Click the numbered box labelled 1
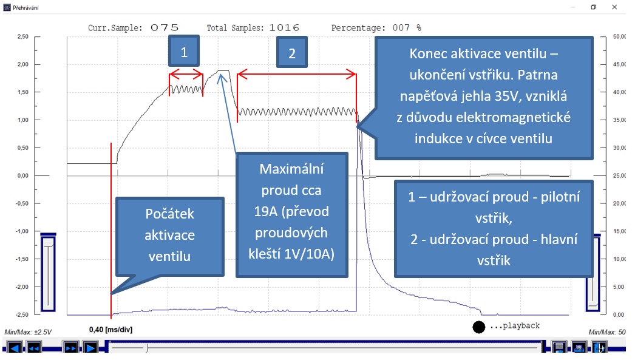tap(184, 51)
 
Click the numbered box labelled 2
tap(292, 52)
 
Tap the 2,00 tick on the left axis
tap(23, 64)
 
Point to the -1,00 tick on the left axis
tap(22, 231)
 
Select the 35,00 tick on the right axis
tap(619, 120)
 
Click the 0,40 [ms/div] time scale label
tap(111, 330)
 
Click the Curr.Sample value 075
tap(165, 28)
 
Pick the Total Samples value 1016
tap(284, 28)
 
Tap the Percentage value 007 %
tap(407, 28)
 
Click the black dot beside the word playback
tap(479, 327)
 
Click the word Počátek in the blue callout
tap(170, 214)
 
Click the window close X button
tap(614, 7)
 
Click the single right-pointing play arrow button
tap(90, 347)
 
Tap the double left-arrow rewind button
tap(34, 347)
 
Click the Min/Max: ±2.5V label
tap(28, 332)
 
